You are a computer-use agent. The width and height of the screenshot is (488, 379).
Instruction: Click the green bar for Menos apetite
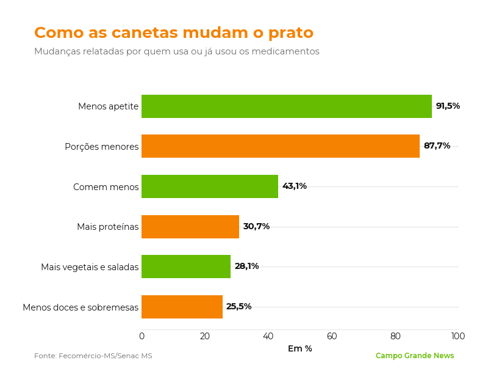coord(287,106)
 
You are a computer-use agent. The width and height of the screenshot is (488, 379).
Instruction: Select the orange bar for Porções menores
coord(281,146)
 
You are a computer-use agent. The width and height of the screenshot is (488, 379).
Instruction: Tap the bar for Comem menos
coord(210,186)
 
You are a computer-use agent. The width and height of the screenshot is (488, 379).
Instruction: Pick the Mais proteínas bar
coord(190,226)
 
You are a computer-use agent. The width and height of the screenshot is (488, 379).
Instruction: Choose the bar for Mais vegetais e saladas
coord(186,267)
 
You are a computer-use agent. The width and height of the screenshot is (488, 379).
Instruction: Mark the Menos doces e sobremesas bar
coord(182,307)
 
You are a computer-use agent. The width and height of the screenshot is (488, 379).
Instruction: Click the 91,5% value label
coord(448,106)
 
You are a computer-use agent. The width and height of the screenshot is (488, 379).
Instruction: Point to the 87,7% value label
coord(437,145)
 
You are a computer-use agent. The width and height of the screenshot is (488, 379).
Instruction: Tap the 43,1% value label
coord(295,186)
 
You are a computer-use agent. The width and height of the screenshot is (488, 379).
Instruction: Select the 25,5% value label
coord(239,306)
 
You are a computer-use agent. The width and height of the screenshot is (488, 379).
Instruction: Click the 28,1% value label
coord(246,266)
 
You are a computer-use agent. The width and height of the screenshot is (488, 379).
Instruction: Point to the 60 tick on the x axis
coord(332,336)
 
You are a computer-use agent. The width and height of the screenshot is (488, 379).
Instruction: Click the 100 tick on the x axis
coord(458,336)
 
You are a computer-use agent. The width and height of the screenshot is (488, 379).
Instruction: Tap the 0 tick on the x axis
coord(142,336)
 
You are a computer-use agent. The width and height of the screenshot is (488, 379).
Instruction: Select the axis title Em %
coord(300,348)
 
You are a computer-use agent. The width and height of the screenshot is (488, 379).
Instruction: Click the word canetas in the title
coord(145,32)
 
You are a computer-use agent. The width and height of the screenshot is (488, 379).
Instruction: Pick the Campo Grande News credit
coord(415,356)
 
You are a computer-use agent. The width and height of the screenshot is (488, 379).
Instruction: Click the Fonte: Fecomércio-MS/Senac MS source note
coord(93,356)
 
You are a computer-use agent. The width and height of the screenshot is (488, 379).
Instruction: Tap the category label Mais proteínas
coord(108,227)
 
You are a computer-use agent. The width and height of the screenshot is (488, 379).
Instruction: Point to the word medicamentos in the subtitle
coord(285,51)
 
